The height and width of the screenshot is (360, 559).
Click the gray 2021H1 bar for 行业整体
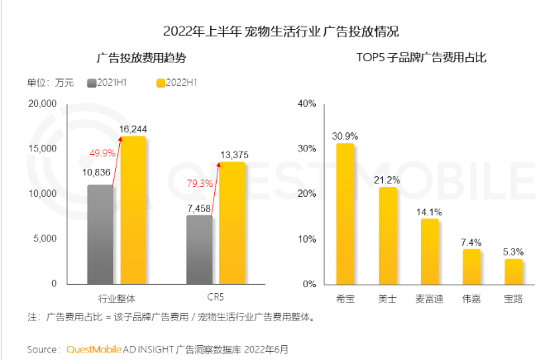point(100,233)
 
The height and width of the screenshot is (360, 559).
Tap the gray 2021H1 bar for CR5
point(199,249)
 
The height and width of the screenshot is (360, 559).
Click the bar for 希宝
point(345,213)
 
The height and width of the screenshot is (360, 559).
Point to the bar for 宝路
point(514,271)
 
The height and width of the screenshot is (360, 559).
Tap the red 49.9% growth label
point(103,153)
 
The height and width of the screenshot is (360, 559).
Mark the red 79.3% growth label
point(203,183)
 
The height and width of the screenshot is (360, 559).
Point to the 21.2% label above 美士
point(388,180)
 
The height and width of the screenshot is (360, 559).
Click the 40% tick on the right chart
point(308,103)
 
